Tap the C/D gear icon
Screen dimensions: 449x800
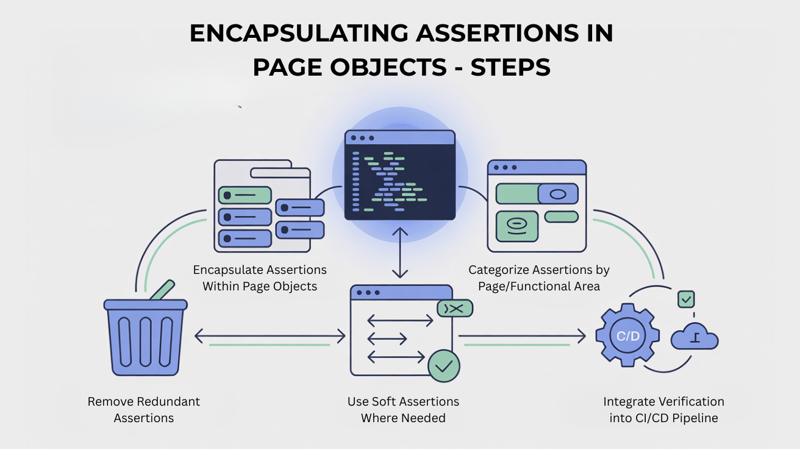[627, 336]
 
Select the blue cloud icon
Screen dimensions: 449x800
[695, 337]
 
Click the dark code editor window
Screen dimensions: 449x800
[400, 175]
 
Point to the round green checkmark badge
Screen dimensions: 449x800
[444, 366]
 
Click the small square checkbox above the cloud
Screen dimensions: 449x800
[687, 299]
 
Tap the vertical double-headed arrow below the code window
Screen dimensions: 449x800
[399, 252]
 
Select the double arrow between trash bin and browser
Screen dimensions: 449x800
[270, 336]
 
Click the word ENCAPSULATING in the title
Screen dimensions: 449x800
[299, 34]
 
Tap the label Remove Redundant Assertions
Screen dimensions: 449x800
[144, 410]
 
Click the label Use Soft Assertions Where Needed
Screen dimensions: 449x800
[403, 410]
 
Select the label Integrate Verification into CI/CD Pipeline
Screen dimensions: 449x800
[663, 410]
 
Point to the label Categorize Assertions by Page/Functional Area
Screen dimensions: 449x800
[539, 278]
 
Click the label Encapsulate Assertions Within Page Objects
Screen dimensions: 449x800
[260, 278]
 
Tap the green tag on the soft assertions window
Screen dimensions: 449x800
[455, 309]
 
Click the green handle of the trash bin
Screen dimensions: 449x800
[162, 290]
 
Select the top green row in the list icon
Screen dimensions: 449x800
[245, 195]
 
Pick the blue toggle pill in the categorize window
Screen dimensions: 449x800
[558, 194]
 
